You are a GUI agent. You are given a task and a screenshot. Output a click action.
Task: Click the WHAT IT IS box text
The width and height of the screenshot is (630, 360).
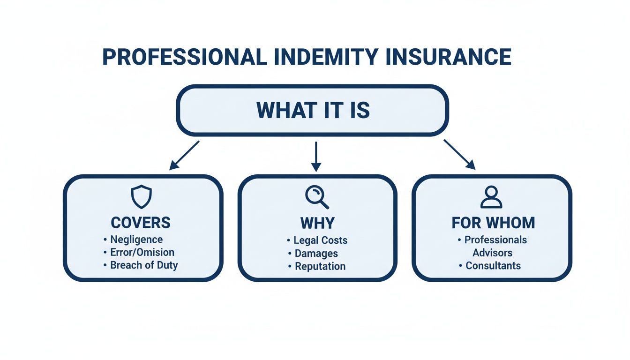coord(313,110)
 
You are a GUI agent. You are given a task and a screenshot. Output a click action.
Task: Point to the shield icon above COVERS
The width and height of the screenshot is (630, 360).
coord(140,197)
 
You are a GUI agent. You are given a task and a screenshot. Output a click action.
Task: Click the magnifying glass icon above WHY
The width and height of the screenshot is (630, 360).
coord(316,197)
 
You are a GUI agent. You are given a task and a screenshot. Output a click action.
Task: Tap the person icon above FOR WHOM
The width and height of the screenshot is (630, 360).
coord(491,197)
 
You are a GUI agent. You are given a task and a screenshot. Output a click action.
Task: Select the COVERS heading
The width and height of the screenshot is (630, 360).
coord(141,222)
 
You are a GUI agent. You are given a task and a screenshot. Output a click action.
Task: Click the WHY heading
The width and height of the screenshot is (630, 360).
coord(317,222)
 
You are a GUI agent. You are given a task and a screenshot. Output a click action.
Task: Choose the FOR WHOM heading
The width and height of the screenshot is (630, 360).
coord(493,222)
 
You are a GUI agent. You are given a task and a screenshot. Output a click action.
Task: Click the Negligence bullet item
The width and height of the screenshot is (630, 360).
coord(136,240)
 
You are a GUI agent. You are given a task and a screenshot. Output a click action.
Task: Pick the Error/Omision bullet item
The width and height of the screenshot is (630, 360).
coord(142,253)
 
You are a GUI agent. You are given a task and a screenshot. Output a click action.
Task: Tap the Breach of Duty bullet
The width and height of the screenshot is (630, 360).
coord(144,265)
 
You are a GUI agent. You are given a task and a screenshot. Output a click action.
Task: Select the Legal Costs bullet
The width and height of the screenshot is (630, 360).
coord(320,240)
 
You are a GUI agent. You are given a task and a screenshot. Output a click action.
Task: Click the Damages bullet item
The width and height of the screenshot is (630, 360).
coord(316,254)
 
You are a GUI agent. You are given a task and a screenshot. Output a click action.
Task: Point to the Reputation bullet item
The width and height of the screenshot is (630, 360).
coord(320,266)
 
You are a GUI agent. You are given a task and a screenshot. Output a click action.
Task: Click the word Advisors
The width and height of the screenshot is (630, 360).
coord(492,253)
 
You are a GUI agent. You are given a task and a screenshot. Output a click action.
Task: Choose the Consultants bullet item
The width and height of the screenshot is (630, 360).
coord(493,266)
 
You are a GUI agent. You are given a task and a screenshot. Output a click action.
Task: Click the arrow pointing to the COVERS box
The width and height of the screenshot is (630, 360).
coord(184,155)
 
